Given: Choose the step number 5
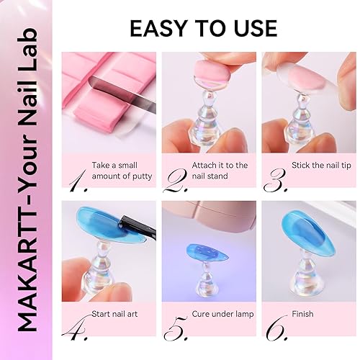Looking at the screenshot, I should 174,328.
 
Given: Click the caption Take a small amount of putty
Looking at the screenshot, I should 122,171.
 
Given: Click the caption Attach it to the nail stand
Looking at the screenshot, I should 220,171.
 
